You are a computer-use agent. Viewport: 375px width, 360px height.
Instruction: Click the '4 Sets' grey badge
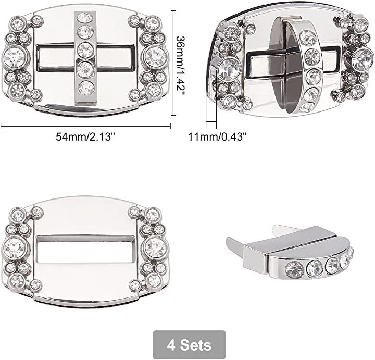pos(189,345)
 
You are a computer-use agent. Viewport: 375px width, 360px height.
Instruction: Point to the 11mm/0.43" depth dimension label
pos(217,137)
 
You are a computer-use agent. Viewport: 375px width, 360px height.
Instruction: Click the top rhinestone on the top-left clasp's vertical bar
pos(85,18)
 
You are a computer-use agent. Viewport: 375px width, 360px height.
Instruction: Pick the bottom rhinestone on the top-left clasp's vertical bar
pos(86,88)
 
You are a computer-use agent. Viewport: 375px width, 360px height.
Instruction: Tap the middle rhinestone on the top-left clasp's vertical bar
pos(85,49)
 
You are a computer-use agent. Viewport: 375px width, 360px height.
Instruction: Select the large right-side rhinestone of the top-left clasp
pos(156,57)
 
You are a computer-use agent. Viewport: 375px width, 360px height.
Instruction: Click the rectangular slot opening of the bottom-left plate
pos(86,249)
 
